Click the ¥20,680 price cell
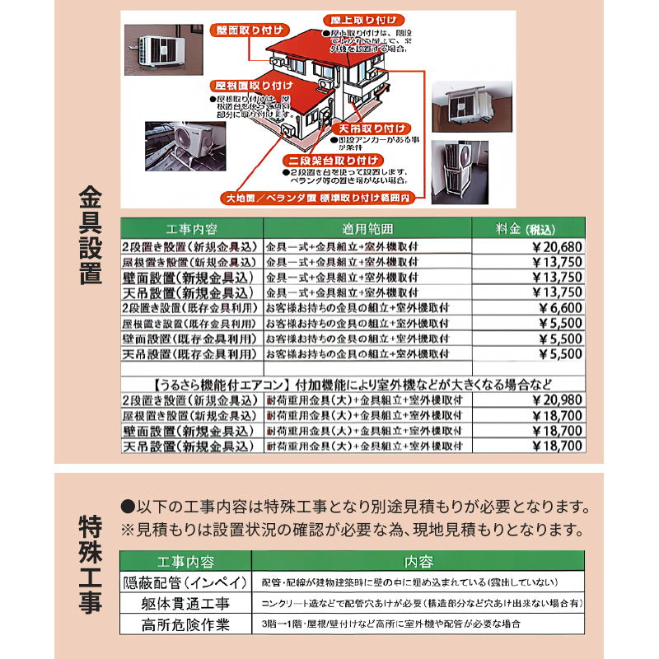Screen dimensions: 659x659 coord(528,246)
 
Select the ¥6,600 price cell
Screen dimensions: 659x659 coord(528,308)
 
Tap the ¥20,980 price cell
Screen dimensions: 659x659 coord(528,400)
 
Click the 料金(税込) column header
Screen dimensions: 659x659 coord(528,228)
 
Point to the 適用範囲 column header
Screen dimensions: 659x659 coord(367,228)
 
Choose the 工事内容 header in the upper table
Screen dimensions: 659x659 coord(191,228)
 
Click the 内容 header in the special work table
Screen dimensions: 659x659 coord(418,562)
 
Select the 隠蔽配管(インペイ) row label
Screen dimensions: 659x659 coord(185,582)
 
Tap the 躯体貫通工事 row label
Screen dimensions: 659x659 coord(185,603)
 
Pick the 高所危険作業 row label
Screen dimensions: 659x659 coord(185,624)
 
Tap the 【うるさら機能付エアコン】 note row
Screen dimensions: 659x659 coord(353,384)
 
